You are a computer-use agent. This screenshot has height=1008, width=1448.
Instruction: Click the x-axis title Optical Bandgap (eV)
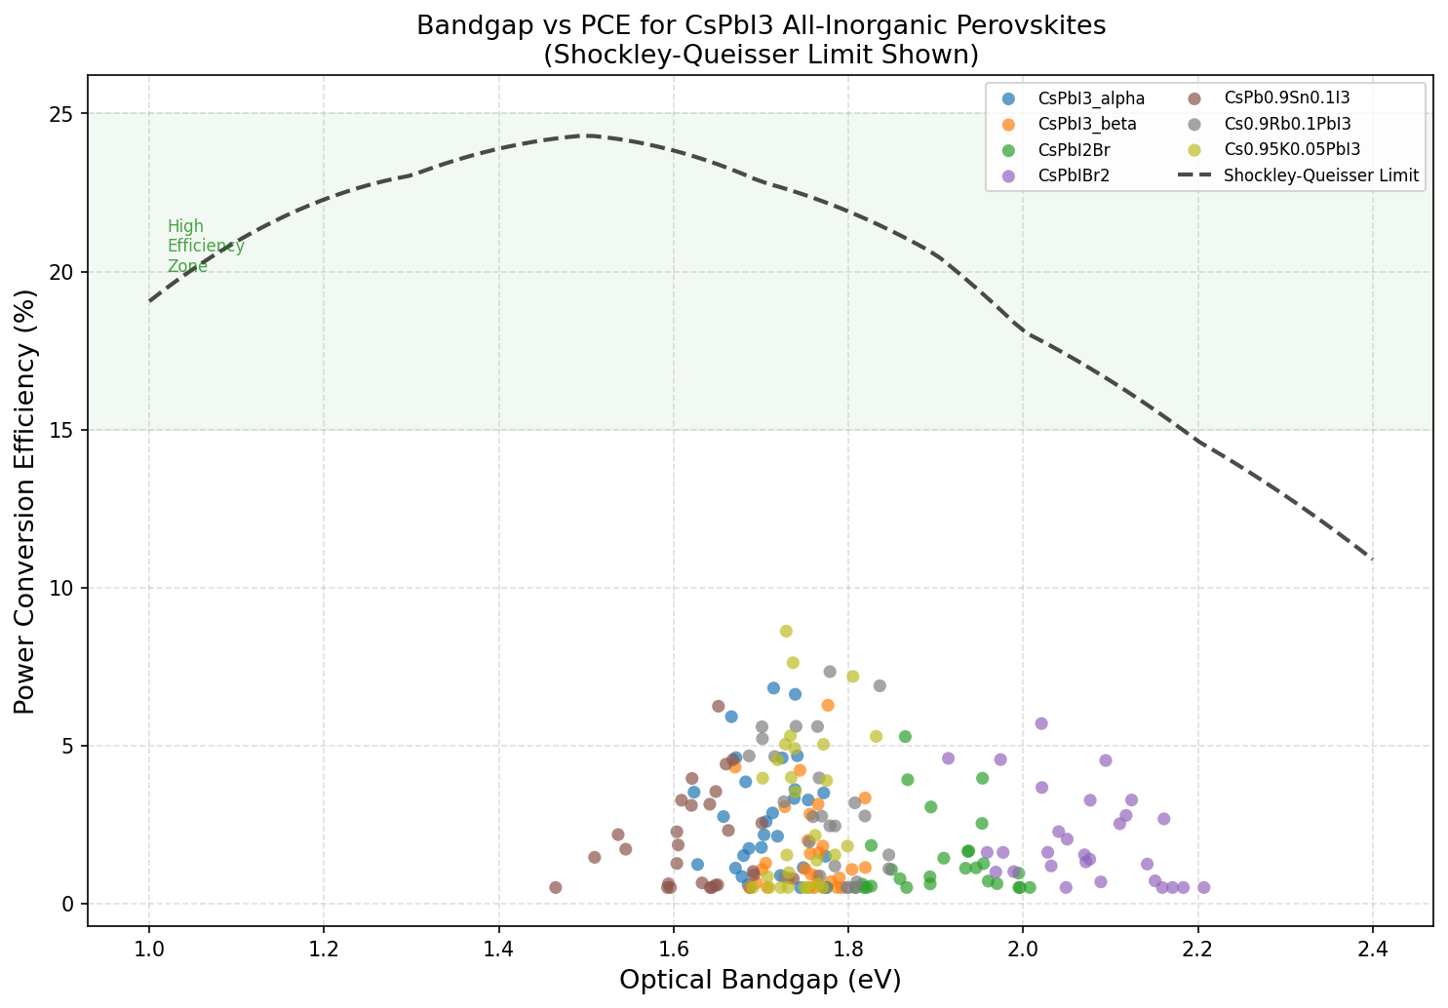pos(761,980)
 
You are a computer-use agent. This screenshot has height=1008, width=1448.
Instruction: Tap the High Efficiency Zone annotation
pos(205,247)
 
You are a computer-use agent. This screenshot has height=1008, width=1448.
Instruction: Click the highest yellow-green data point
pos(786,631)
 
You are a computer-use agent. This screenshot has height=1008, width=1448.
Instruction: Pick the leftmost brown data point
pos(556,887)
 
